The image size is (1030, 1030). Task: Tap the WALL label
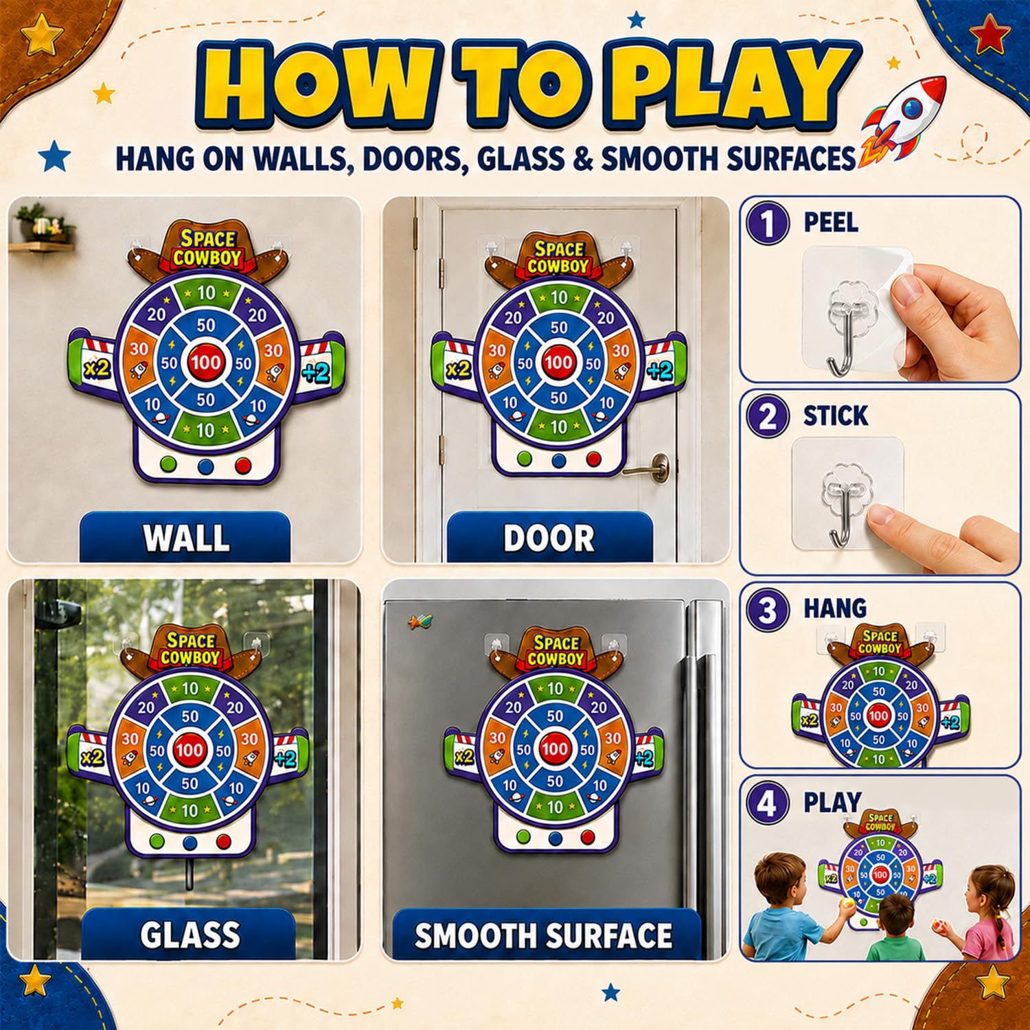pos(186,538)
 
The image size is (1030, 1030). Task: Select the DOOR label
pos(549,538)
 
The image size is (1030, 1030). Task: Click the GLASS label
pos(190,935)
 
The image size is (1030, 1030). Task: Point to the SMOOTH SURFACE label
pos(544,935)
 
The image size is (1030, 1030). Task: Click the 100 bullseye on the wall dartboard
pos(206,362)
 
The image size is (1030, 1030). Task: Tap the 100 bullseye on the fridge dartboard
pos(554,748)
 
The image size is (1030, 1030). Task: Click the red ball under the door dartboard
pos(594,459)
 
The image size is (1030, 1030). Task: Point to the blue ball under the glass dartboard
pos(190,843)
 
